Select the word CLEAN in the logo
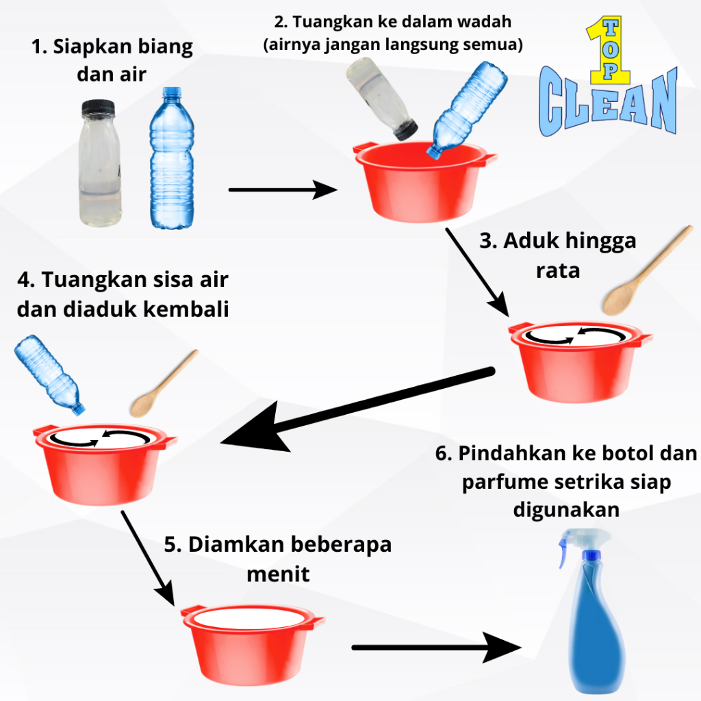click(x=608, y=101)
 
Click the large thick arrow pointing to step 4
click(x=356, y=407)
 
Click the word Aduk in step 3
click(x=529, y=242)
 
